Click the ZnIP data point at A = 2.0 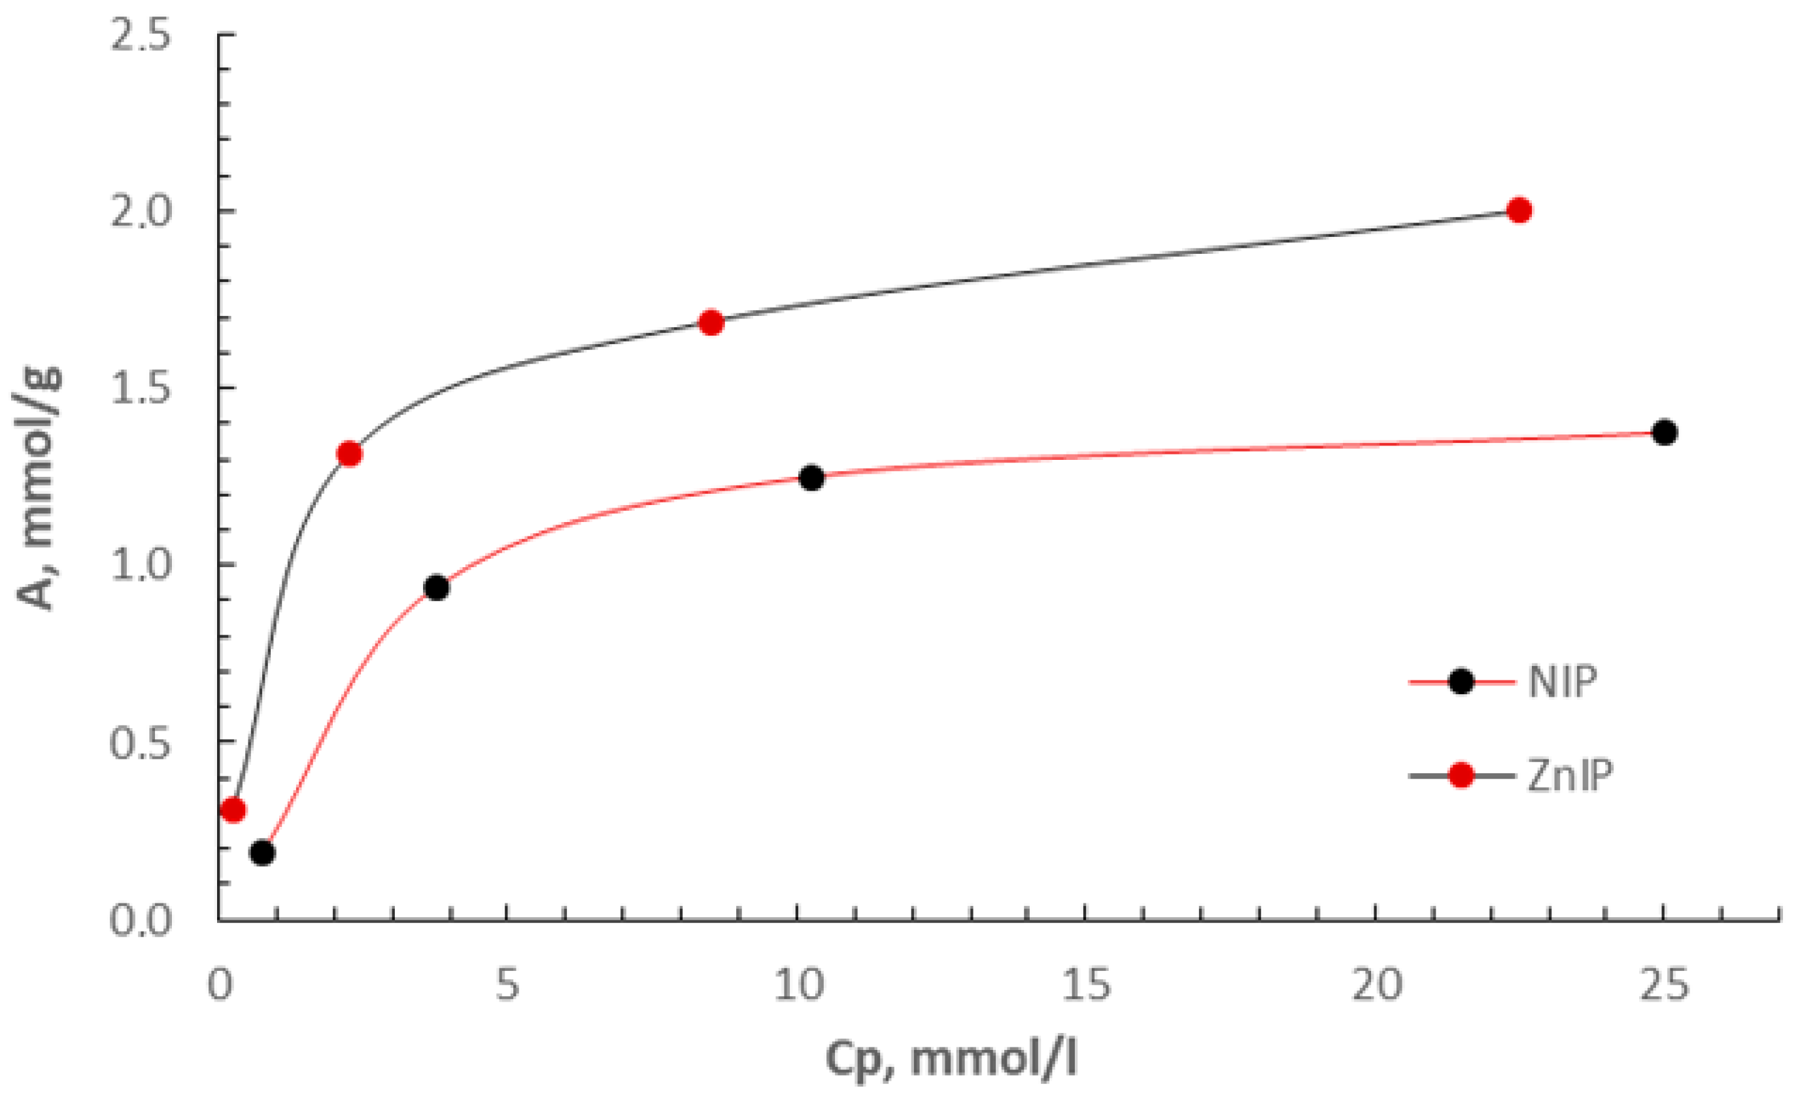point(1519,211)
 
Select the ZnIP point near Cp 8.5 point(711,323)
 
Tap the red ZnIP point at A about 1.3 point(350,454)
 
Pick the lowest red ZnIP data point point(233,810)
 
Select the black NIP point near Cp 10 point(811,478)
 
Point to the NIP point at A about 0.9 point(437,587)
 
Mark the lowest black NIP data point point(262,853)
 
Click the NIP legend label point(1562,682)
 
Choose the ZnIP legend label point(1569,776)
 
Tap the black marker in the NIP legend point(1461,682)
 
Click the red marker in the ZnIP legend point(1461,776)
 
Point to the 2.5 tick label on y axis point(140,34)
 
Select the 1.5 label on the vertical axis point(140,389)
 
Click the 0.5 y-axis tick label point(140,744)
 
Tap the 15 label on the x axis point(1086,985)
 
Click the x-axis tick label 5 point(507,985)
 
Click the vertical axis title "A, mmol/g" point(38,489)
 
